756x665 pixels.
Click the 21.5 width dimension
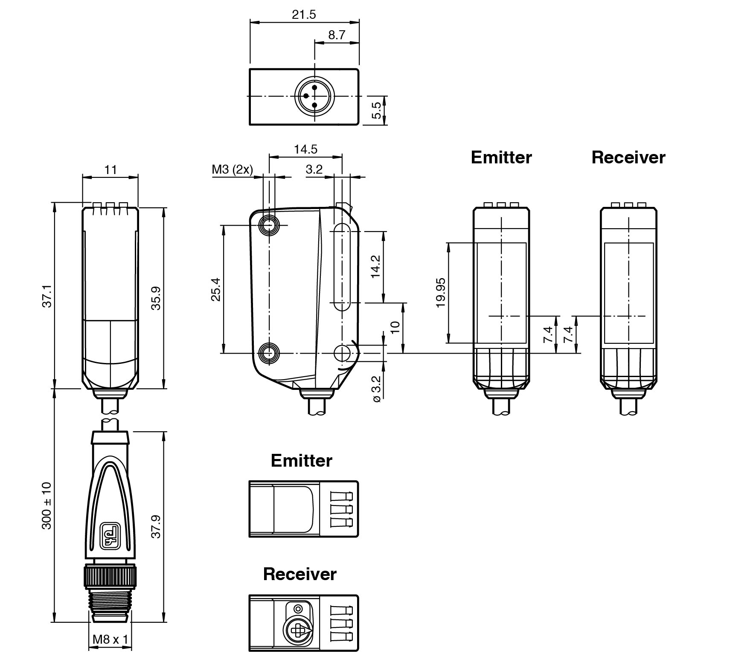304,15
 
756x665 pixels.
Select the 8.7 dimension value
337,35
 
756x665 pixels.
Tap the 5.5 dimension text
376,110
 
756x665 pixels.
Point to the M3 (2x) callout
232,170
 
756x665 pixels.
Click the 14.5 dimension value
305,149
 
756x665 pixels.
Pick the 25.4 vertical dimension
216,289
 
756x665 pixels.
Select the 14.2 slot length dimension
375,267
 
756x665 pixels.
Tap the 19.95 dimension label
441,293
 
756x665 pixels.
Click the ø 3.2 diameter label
376,389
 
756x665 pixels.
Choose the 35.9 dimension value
156,298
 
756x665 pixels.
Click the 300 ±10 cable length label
47,505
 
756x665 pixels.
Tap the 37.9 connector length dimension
156,526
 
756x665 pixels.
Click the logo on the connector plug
110,536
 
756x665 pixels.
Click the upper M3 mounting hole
269,225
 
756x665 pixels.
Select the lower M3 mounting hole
269,353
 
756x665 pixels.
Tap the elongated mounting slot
341,267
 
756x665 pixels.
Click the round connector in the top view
314,96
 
